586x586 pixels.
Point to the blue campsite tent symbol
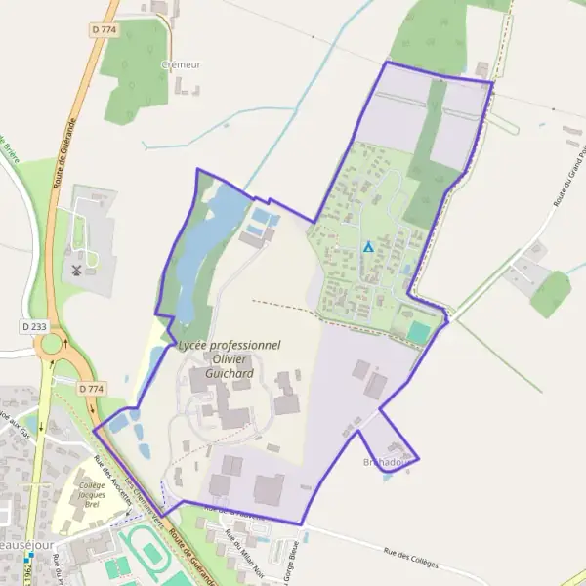(x=368, y=247)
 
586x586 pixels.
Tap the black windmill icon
(x=75, y=267)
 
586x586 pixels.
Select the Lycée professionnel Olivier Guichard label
(x=230, y=358)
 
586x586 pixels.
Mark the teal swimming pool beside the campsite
(x=419, y=332)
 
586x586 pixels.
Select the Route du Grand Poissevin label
(x=569, y=177)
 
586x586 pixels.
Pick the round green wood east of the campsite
(x=551, y=293)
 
